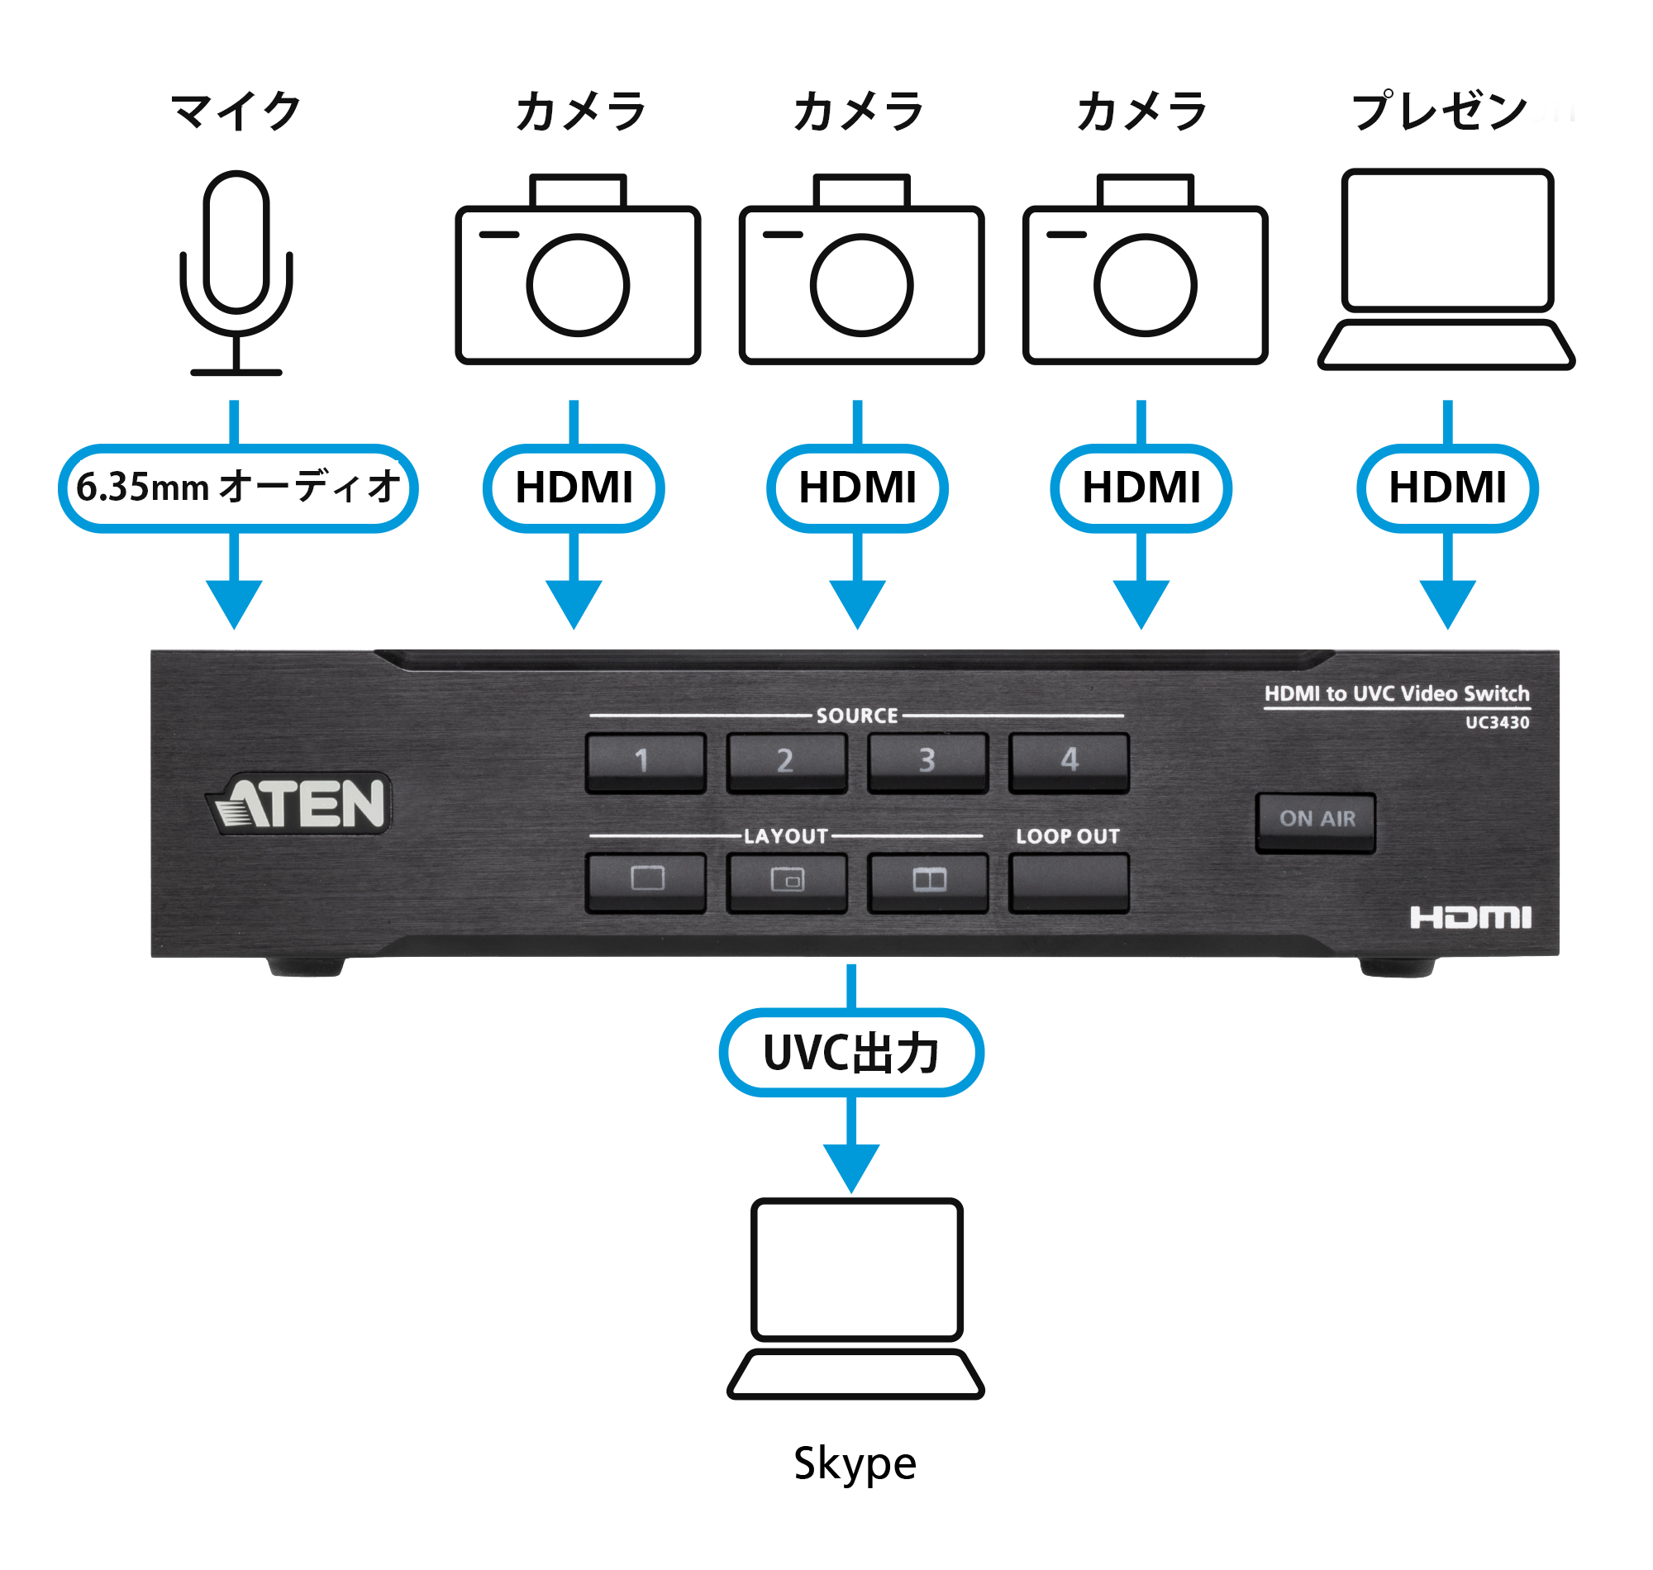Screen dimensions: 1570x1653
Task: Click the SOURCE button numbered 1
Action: [x=645, y=762]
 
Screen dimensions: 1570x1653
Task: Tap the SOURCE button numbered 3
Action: [x=927, y=762]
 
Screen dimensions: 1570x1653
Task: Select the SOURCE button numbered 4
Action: [x=1069, y=762]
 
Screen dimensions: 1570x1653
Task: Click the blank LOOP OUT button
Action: [x=1069, y=881]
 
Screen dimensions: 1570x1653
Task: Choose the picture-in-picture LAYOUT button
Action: [x=787, y=881]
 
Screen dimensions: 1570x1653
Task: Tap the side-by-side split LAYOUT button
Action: [x=927, y=881]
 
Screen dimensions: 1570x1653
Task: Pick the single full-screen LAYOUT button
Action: [x=645, y=881]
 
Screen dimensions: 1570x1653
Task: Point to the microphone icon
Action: [x=236, y=272]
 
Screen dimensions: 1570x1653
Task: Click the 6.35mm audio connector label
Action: [x=238, y=488]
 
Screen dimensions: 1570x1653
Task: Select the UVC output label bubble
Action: [x=851, y=1053]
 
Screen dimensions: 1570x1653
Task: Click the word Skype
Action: [x=855, y=1463]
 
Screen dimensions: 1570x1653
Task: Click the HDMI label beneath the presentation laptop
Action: [x=1447, y=488]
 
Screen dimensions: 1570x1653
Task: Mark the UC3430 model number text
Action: [x=1497, y=723]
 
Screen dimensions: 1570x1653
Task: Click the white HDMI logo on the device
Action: [x=1470, y=918]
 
